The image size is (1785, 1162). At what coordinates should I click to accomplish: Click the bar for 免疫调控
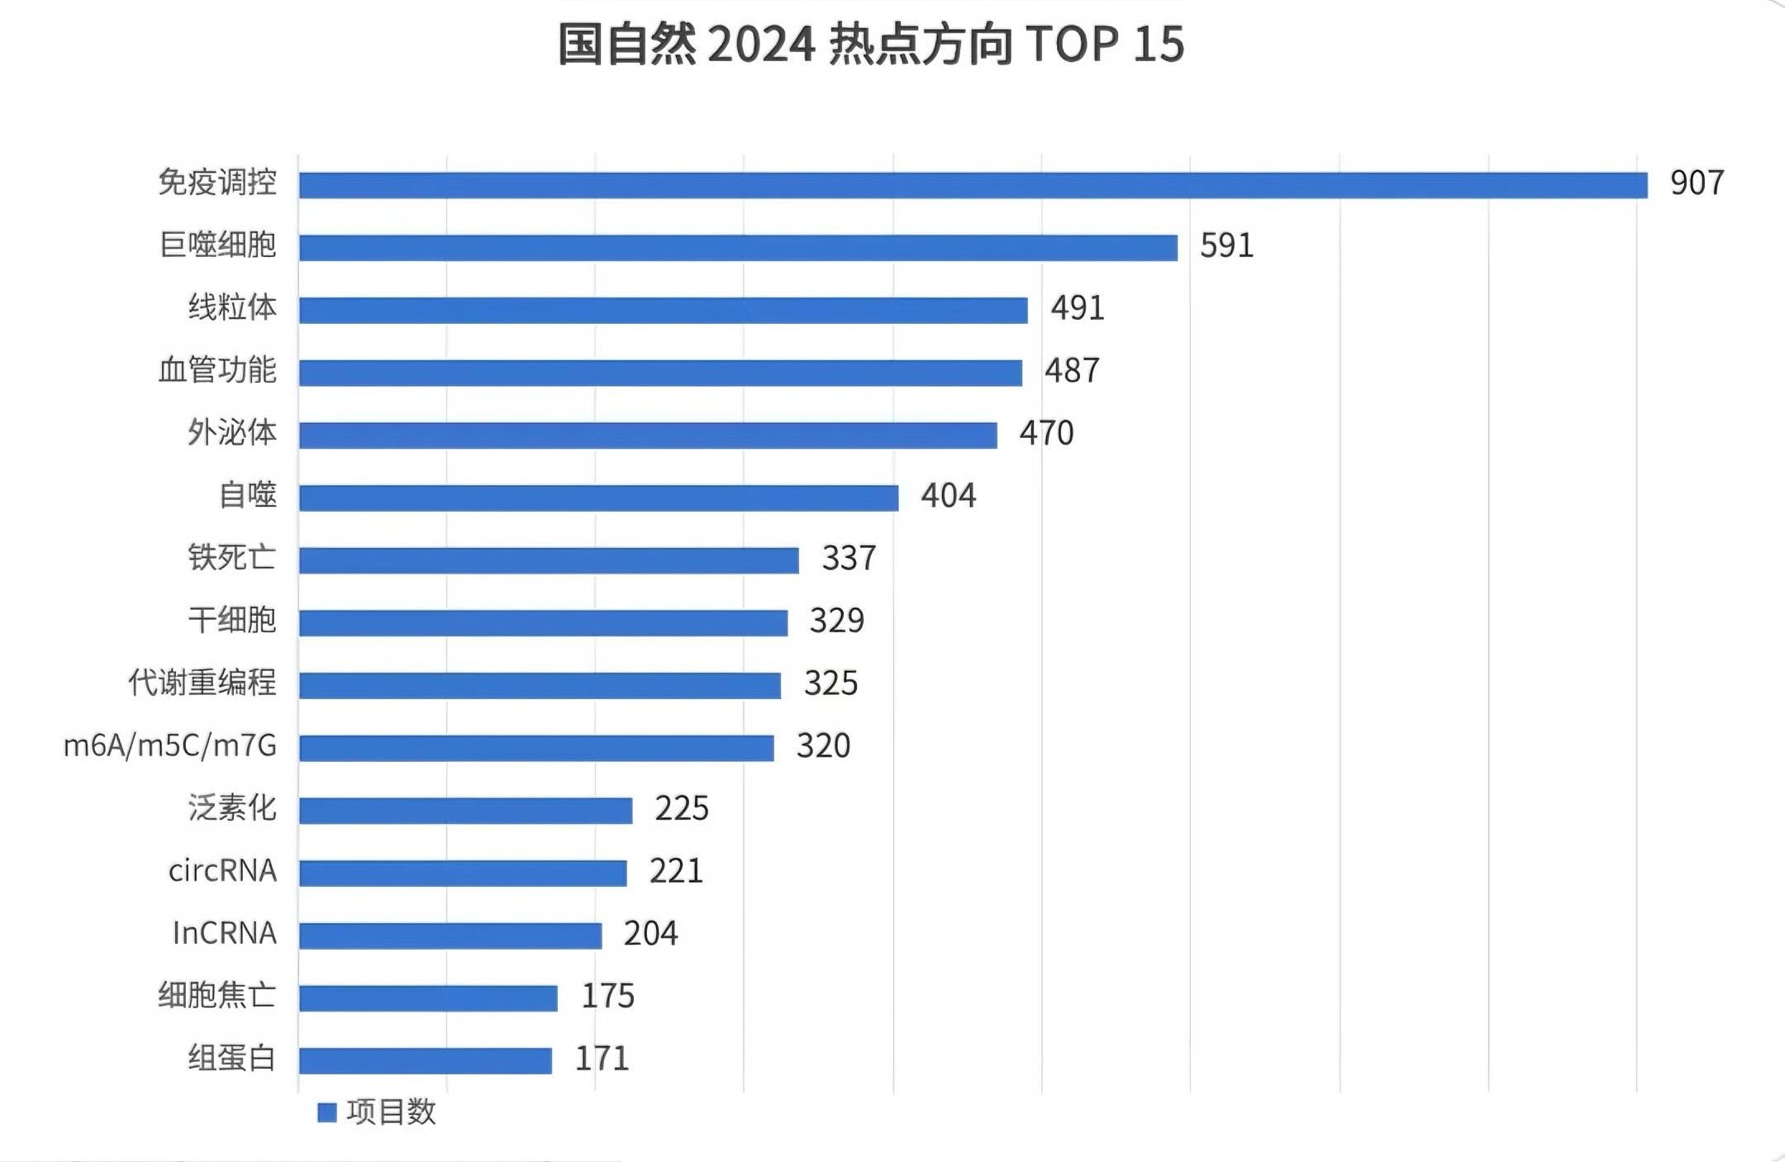pyautogui.click(x=973, y=185)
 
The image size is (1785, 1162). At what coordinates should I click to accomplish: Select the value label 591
pyautogui.click(x=1226, y=245)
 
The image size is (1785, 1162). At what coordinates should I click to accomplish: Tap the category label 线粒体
pyautogui.click(x=232, y=307)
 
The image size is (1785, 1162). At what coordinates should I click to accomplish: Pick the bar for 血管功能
pyautogui.click(x=660, y=373)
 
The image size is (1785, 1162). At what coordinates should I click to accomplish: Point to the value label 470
pyautogui.click(x=1046, y=433)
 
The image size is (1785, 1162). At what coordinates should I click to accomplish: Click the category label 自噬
pyautogui.click(x=247, y=495)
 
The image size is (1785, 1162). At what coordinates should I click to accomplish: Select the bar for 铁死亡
pyautogui.click(x=549, y=560)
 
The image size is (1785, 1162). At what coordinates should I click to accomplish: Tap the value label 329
pyautogui.click(x=836, y=621)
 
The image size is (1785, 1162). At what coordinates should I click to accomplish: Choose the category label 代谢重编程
pyautogui.click(x=202, y=683)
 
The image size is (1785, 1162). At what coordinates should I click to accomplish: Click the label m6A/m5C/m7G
pyautogui.click(x=170, y=745)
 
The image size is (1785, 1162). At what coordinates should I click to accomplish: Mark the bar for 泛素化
pyautogui.click(x=465, y=811)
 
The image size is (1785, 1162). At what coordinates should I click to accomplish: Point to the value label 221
pyautogui.click(x=676, y=871)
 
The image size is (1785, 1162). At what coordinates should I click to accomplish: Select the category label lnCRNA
pyautogui.click(x=224, y=933)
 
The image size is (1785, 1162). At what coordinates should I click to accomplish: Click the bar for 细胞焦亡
pyautogui.click(x=428, y=998)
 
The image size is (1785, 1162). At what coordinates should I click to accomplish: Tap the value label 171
pyautogui.click(x=602, y=1059)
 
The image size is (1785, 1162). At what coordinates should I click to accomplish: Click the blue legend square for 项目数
pyautogui.click(x=327, y=1112)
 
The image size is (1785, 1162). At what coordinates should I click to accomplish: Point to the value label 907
pyautogui.click(x=1697, y=183)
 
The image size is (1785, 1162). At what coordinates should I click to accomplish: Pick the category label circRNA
pyautogui.click(x=222, y=870)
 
